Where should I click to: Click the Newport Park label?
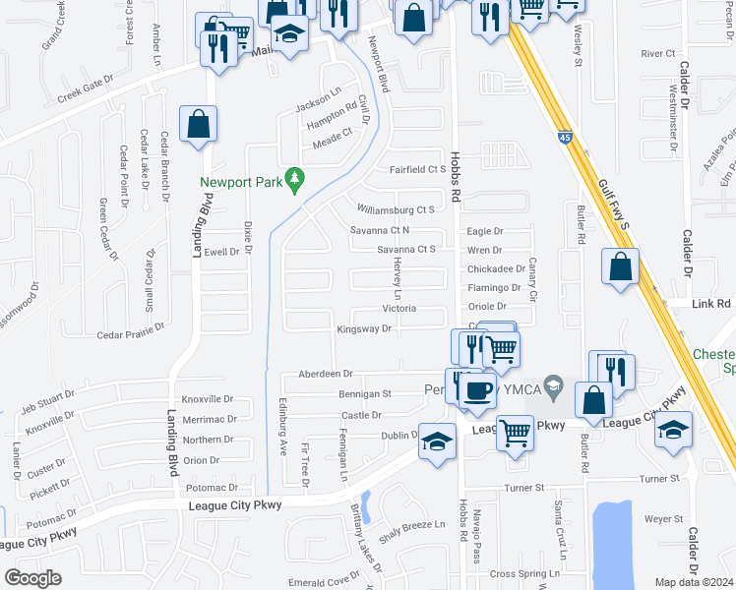(x=240, y=182)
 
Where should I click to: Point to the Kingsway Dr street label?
(x=365, y=329)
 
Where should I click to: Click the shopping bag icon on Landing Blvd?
(x=198, y=125)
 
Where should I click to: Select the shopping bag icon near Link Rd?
(x=620, y=267)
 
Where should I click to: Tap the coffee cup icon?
(x=479, y=389)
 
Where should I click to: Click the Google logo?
(x=32, y=578)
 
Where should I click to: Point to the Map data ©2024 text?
(x=695, y=582)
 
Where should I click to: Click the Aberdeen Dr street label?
(x=326, y=374)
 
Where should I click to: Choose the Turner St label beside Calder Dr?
(x=660, y=478)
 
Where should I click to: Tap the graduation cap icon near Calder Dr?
(x=674, y=431)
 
